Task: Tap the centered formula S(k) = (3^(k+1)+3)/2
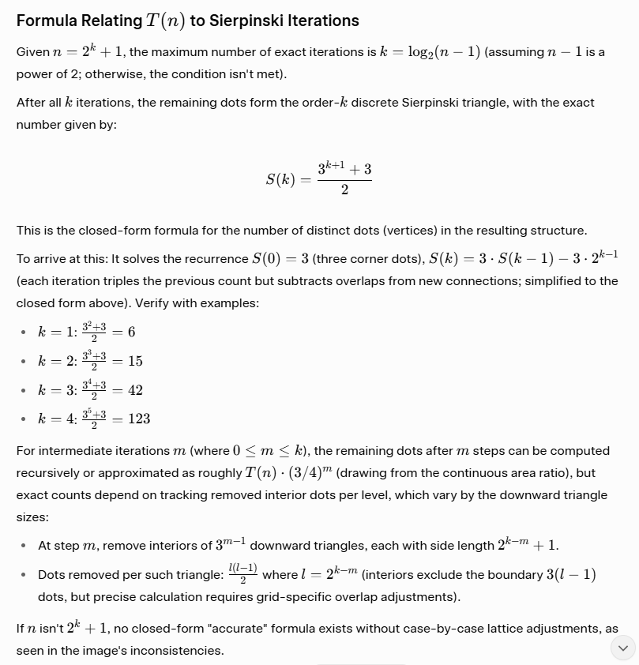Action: (x=318, y=179)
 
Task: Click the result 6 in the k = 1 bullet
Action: (x=131, y=332)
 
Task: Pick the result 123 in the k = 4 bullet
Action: (x=138, y=419)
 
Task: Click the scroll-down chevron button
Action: (x=622, y=648)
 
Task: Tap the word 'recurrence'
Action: (x=214, y=259)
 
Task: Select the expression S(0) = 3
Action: (x=282, y=259)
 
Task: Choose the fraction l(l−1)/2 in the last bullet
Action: (x=242, y=574)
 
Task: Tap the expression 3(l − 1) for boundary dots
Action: (x=570, y=574)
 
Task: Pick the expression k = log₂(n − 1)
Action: (x=430, y=52)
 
